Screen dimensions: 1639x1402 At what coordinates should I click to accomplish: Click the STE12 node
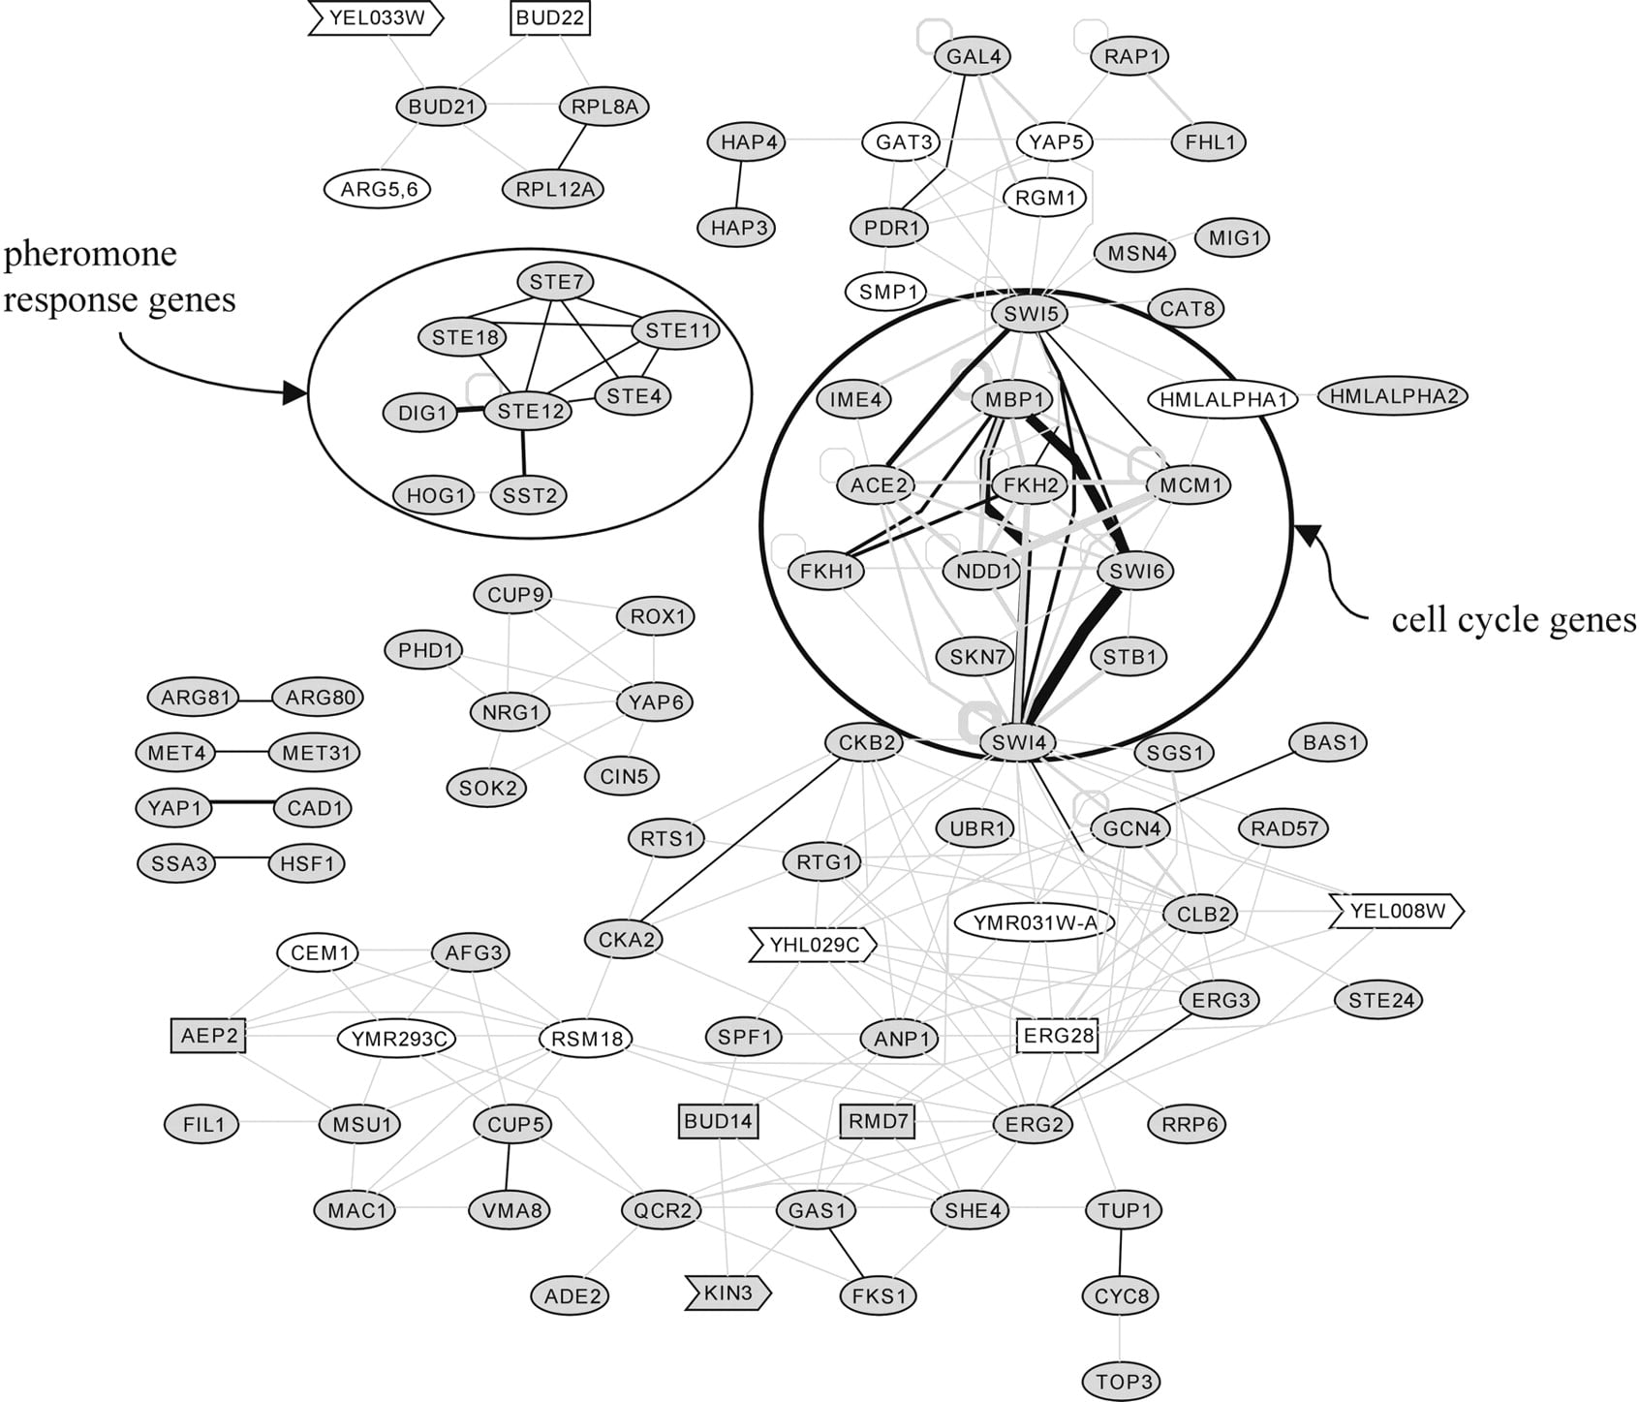pos(530,412)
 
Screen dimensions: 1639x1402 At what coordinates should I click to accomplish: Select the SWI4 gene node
pos(1018,743)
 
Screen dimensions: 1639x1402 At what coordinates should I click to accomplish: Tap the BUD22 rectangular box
pos(550,18)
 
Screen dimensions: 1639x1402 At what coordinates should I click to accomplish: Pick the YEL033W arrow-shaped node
pos(376,18)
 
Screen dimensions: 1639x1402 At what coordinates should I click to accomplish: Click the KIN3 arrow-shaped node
pos(728,1293)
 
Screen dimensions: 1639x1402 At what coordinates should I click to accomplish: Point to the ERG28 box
pos(1058,1036)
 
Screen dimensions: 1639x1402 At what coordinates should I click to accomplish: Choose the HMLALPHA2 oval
pos(1393,395)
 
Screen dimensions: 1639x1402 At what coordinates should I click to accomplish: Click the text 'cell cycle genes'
pos(1513,620)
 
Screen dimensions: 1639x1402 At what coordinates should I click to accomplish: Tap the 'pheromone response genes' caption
pos(119,276)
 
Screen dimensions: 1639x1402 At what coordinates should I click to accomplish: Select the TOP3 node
pos(1124,1381)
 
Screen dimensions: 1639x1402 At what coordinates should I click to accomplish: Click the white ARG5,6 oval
pos(379,189)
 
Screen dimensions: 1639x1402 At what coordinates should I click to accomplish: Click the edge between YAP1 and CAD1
pos(243,803)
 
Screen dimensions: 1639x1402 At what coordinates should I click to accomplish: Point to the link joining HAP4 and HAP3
pos(740,185)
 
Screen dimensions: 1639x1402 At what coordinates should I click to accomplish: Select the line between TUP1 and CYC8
pos(1123,1253)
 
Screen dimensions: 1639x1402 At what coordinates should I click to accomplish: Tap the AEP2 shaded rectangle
pos(208,1036)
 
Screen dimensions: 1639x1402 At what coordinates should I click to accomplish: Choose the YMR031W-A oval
pos(1035,922)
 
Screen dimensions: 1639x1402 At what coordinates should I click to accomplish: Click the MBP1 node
pos(1012,399)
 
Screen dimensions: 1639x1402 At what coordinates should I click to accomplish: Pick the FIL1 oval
pos(203,1124)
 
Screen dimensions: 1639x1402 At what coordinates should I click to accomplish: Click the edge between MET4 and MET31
pos(243,752)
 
